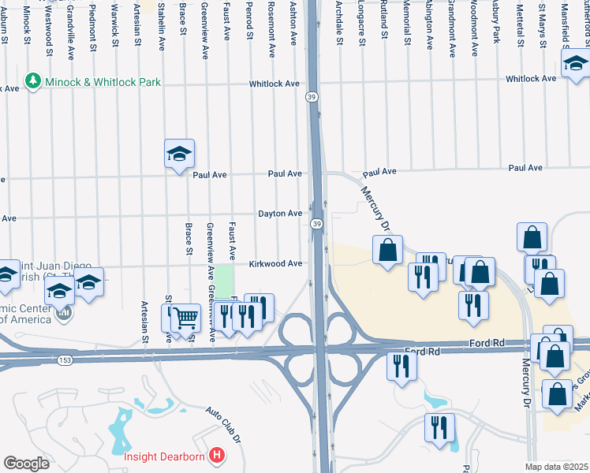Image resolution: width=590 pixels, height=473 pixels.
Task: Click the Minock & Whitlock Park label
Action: tap(103, 82)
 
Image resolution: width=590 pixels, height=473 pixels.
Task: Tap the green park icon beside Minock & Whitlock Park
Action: tap(33, 80)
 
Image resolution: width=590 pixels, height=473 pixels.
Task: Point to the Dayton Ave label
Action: tap(280, 214)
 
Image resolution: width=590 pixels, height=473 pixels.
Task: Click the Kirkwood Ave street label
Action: tap(276, 264)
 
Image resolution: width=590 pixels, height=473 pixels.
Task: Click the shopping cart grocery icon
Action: tap(185, 318)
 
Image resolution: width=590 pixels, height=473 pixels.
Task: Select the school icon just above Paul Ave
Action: tap(179, 154)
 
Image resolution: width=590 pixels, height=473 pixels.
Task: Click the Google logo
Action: tap(26, 464)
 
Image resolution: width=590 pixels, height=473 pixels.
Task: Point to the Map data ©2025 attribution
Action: tap(556, 467)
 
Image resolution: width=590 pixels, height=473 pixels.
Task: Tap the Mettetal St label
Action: tap(519, 24)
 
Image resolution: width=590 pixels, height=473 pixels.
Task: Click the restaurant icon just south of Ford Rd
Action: tap(402, 367)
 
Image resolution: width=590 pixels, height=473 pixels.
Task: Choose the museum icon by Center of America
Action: tap(64, 314)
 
